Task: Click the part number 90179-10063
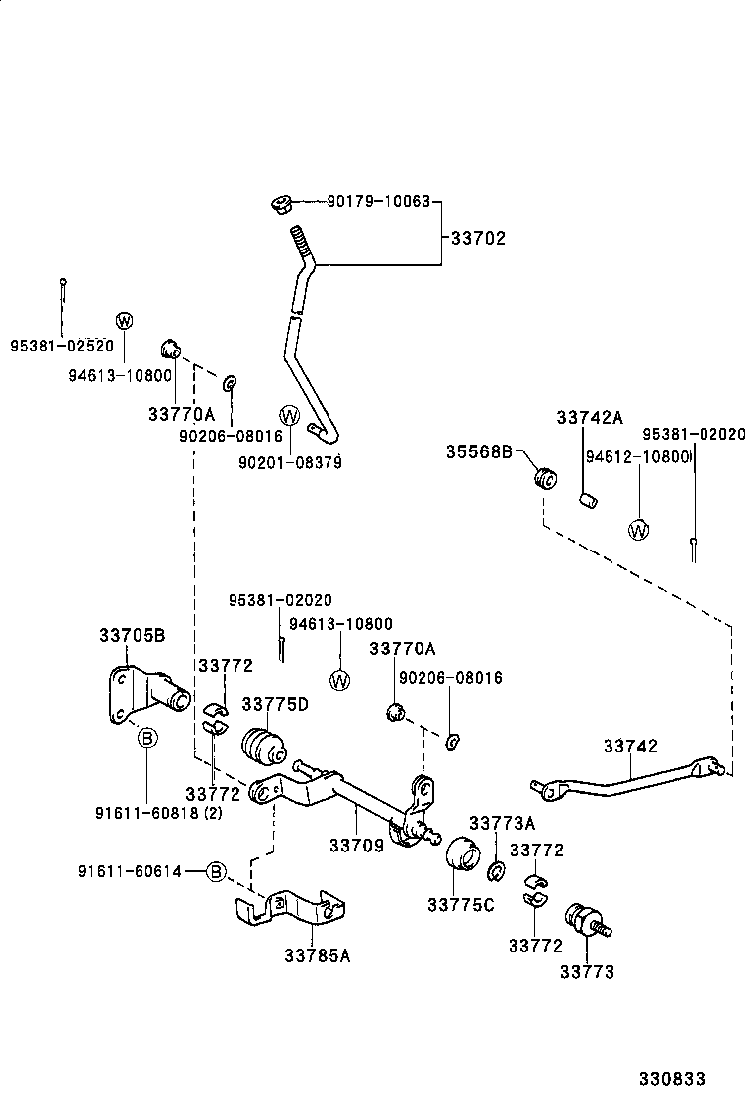click(x=379, y=202)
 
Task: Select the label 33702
click(x=478, y=238)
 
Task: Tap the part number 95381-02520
click(x=61, y=348)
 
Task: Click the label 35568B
click(x=479, y=452)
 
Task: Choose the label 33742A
click(x=590, y=418)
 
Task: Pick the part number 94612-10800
click(x=636, y=456)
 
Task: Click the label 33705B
click(x=132, y=635)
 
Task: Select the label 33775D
click(x=276, y=704)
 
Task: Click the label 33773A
click(x=502, y=823)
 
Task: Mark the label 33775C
click(x=461, y=904)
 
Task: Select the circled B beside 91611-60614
click(x=217, y=871)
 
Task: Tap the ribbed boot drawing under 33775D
click(x=263, y=746)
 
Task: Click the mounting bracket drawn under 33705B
click(x=143, y=699)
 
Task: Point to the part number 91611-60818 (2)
click(x=158, y=813)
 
